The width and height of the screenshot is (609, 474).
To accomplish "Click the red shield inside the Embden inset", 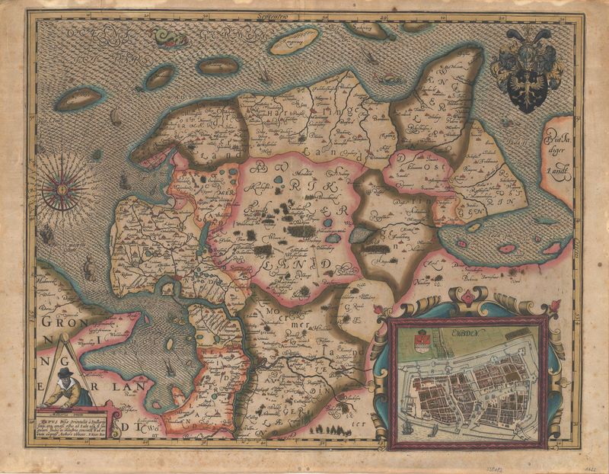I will tap(423, 340).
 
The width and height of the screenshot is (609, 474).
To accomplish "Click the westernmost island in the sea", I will tap(78, 98).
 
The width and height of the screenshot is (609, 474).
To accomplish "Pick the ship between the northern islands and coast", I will tap(262, 75).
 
